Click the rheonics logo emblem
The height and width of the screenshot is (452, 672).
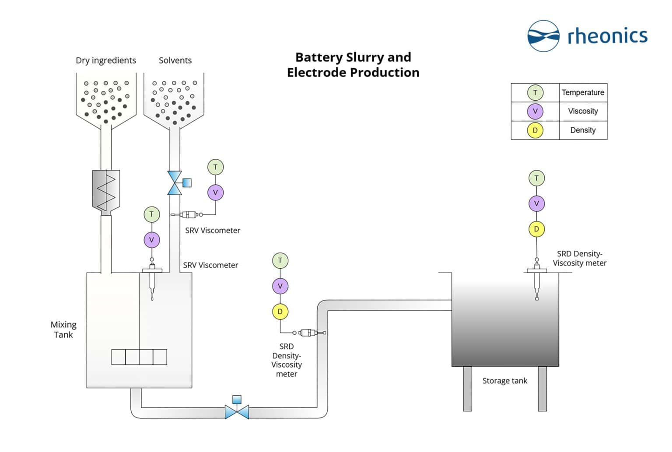point(543,35)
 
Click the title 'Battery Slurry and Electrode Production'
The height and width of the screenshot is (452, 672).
point(353,65)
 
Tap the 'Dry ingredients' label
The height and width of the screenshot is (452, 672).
point(106,60)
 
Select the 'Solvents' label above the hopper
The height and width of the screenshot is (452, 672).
point(175,60)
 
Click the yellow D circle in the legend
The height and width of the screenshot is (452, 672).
point(535,130)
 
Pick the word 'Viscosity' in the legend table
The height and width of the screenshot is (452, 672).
point(583,111)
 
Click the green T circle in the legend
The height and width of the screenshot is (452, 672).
point(535,92)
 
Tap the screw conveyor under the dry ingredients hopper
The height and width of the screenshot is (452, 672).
point(106,191)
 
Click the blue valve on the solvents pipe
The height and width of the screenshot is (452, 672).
point(175,183)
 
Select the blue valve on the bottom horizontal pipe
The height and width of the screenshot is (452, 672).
point(237,412)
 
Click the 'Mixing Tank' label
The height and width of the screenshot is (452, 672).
point(63,329)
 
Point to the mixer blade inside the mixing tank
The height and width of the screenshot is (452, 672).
point(139,357)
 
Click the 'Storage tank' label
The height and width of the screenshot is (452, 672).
point(504,381)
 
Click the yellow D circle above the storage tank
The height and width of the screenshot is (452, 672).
point(536,229)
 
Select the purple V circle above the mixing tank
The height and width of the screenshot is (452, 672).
point(152,240)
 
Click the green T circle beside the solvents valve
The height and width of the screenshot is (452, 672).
point(215,167)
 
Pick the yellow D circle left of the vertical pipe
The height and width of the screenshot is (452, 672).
point(280,312)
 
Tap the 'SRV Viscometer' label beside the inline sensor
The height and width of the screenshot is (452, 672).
point(213,231)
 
